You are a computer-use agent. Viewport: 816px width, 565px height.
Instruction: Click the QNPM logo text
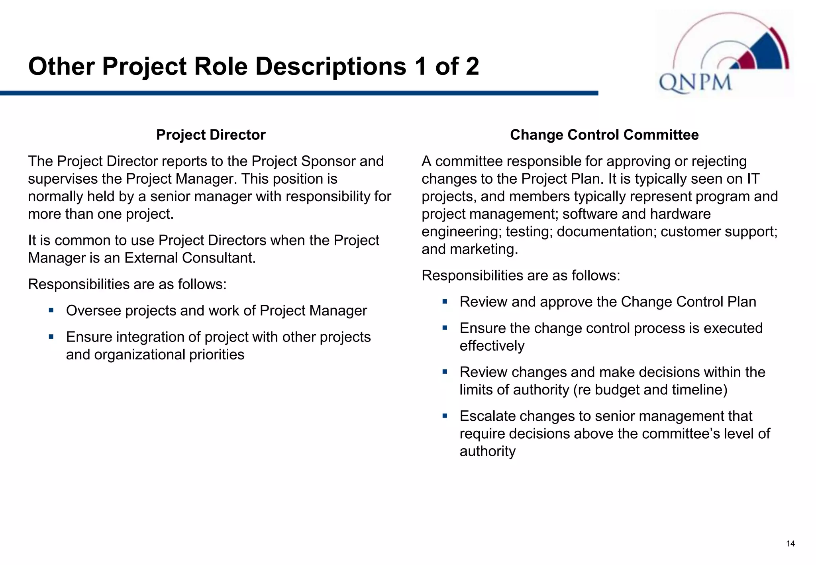tap(695, 83)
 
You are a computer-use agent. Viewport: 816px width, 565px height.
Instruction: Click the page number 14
tap(790, 544)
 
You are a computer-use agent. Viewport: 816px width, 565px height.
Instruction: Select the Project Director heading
tap(211, 135)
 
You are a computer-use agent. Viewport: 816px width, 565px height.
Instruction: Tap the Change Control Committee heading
tap(604, 135)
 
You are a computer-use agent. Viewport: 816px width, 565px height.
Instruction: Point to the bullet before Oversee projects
tap(51, 310)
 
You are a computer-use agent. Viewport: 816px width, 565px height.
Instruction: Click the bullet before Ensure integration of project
tap(51, 336)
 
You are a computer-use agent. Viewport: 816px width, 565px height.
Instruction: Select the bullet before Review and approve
tap(445, 301)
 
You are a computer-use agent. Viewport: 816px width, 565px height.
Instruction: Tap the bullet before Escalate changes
tap(445, 416)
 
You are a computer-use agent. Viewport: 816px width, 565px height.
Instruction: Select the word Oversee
tap(93, 311)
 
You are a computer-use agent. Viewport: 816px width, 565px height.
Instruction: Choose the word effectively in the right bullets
tap(492, 346)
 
